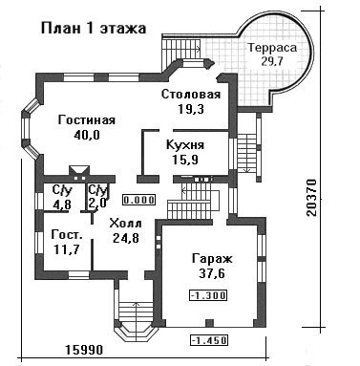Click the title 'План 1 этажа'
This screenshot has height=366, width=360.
[x=94, y=29]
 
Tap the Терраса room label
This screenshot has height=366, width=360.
[x=272, y=48]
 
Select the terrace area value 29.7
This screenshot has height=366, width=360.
[x=272, y=61]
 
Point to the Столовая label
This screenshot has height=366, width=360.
[x=191, y=95]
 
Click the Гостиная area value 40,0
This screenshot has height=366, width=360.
[x=87, y=135]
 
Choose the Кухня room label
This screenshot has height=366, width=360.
[x=185, y=145]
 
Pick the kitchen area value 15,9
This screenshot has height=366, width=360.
[x=185, y=160]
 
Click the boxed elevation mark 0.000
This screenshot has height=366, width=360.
[x=139, y=200]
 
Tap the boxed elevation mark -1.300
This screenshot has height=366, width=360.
[x=208, y=295]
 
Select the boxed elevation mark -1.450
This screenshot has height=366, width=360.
[x=209, y=340]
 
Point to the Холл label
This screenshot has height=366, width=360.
[x=126, y=224]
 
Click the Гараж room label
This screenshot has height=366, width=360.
[x=212, y=259]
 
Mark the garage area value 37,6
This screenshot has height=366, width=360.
[x=212, y=273]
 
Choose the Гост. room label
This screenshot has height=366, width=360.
[x=67, y=235]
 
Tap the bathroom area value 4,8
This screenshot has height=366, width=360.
[x=62, y=204]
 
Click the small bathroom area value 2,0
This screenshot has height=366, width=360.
[x=97, y=203]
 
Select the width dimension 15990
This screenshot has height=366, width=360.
[x=85, y=350]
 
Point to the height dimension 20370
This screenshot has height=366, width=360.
[x=312, y=198]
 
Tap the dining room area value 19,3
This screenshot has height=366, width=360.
[x=191, y=109]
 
